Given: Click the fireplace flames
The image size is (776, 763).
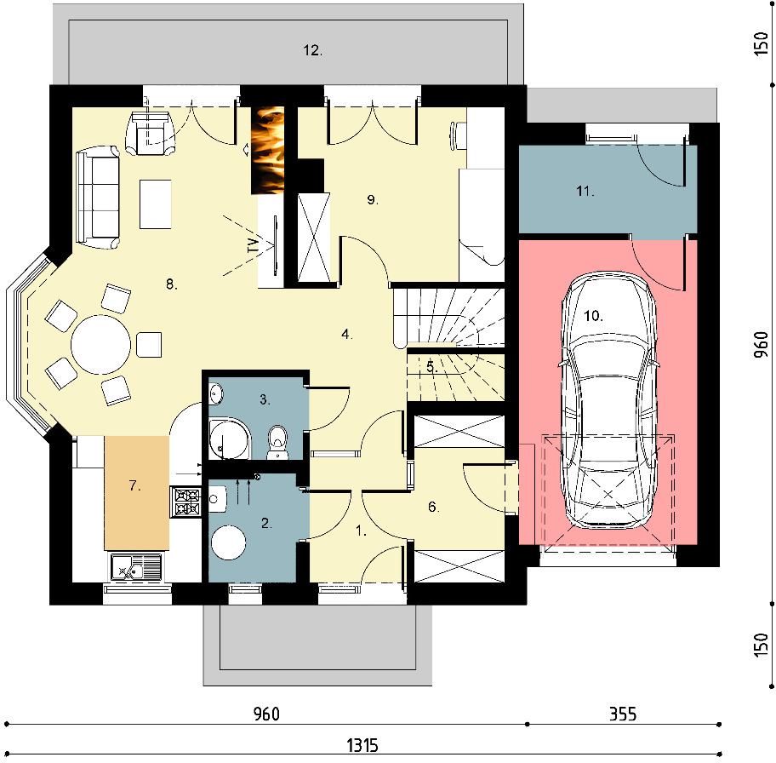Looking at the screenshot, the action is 268,150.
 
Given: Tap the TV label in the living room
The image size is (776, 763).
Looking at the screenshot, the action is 253,245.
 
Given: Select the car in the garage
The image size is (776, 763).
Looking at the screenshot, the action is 608,401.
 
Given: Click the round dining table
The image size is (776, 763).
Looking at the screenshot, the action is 101,345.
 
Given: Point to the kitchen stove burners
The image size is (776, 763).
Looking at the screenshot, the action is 185,502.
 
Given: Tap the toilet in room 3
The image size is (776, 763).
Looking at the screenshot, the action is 277,442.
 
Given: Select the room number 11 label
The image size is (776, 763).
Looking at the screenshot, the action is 585,191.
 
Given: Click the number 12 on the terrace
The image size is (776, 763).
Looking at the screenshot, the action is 312,50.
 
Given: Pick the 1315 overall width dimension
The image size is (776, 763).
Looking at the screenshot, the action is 362,745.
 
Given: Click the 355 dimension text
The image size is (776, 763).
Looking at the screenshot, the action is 623,714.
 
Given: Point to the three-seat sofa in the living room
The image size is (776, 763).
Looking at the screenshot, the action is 98,198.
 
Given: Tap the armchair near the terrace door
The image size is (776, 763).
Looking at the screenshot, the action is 150,133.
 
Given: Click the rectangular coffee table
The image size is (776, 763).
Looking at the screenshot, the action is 156,204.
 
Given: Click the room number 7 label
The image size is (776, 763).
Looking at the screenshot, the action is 134,485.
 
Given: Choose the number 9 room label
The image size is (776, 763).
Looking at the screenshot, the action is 372,199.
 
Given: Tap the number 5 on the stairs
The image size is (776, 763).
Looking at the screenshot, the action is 431,367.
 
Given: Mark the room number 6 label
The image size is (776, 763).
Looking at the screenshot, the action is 434,507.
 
